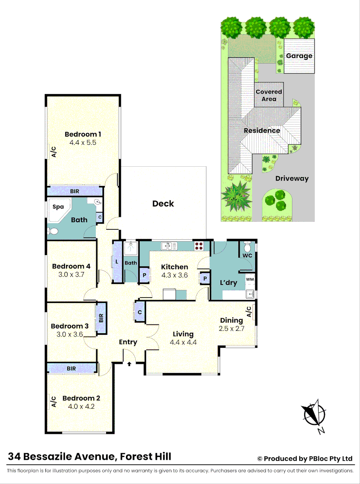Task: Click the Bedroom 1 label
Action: [x=83, y=134]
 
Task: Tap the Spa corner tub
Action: [x=59, y=208]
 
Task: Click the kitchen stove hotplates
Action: [x=199, y=246]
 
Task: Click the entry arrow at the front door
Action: [x=129, y=364]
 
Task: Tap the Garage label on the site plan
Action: [x=299, y=56]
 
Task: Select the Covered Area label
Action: [x=269, y=95]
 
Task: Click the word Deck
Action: [x=163, y=203]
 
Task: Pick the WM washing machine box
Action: [x=249, y=279]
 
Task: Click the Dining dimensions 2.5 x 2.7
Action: [x=231, y=328]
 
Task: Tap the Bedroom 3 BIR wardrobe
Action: [x=101, y=318]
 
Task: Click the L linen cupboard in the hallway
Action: [x=117, y=262]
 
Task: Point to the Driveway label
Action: [x=292, y=178]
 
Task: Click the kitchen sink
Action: [x=170, y=246]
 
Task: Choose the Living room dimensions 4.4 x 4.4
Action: [x=183, y=342]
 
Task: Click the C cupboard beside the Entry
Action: [x=140, y=312]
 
